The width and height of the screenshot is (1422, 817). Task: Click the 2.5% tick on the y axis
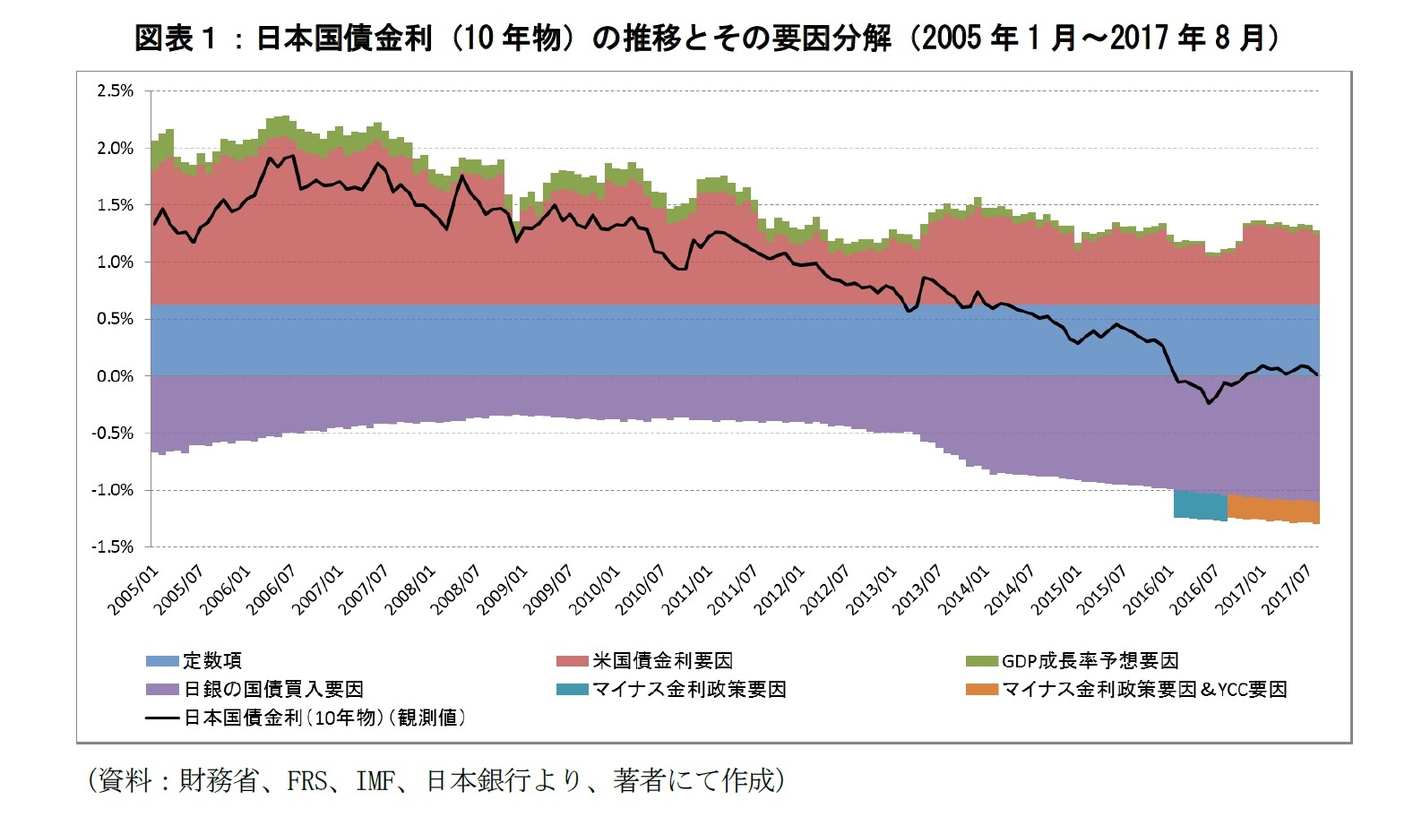[115, 90]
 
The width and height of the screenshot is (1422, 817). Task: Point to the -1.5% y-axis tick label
[112, 546]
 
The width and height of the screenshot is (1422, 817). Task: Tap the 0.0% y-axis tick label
[115, 376]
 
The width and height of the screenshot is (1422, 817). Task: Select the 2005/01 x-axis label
[133, 590]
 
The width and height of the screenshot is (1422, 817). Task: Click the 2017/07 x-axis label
[1288, 590]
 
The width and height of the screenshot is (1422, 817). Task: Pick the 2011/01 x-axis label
[687, 590]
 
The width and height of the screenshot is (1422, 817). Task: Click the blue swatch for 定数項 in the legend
[162, 661]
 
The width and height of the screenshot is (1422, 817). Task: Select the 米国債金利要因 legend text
[662, 661]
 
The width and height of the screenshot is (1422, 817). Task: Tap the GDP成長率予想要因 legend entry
[1090, 661]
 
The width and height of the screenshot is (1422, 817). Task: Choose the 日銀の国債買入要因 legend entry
[273, 689]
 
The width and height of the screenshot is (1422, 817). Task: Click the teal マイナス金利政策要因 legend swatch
[572, 689]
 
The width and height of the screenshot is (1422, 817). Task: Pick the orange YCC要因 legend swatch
[982, 689]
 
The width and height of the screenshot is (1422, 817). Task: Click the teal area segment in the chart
[1200, 505]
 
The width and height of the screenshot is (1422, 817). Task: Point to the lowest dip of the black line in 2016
[1209, 403]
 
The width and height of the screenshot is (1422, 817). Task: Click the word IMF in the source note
[375, 781]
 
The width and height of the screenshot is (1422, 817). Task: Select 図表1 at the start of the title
[175, 38]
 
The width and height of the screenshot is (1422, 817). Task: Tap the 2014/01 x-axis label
[964, 590]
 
